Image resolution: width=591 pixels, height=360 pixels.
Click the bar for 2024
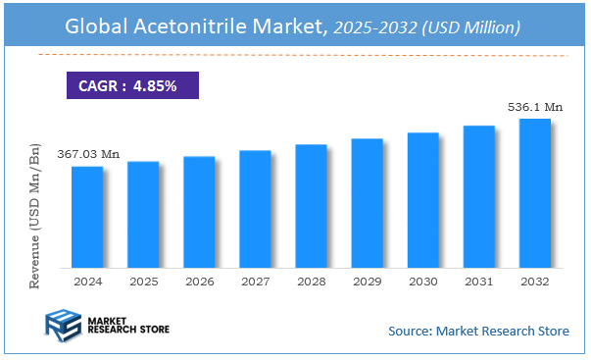pos(87,217)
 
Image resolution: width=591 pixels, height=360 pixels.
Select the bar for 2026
pos(199,212)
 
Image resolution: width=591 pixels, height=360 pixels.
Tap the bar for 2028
pos(311,206)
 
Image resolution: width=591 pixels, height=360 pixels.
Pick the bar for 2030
pos(423,200)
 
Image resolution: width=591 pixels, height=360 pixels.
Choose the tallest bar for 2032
pos(535,193)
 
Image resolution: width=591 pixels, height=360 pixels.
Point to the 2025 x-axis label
pos(143,281)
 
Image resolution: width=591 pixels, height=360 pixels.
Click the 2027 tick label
pos(255,281)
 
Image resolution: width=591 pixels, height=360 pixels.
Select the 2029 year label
pos(368,281)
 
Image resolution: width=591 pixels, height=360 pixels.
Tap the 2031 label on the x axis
pos(479,281)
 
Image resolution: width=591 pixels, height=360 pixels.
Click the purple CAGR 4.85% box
pos(132,85)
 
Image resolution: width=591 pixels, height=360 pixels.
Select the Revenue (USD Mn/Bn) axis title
pos(36,213)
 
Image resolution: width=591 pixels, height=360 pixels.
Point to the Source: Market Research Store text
pos(478,331)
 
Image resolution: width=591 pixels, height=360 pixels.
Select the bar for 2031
pos(479,196)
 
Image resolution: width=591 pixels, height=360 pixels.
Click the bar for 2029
pos(368,203)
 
